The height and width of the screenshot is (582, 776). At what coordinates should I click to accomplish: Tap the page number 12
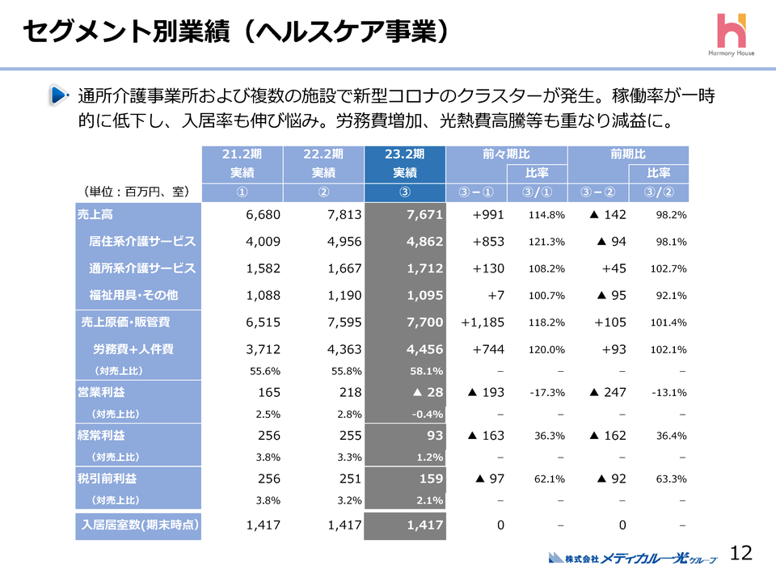(740, 553)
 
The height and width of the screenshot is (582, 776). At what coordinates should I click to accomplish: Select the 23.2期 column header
(405, 154)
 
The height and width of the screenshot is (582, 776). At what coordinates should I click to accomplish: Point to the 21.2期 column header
(242, 154)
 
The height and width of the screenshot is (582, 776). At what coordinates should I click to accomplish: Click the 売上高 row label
(95, 215)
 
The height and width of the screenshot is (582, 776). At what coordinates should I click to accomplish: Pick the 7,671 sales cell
(425, 215)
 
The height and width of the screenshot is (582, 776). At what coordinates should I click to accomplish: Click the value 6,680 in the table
(263, 215)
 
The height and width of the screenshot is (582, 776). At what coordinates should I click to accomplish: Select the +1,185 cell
(483, 322)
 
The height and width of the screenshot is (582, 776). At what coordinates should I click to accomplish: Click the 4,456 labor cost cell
(425, 349)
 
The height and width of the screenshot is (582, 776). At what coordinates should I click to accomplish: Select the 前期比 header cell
(628, 154)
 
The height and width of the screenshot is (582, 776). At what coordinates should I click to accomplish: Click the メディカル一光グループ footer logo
(632, 558)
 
